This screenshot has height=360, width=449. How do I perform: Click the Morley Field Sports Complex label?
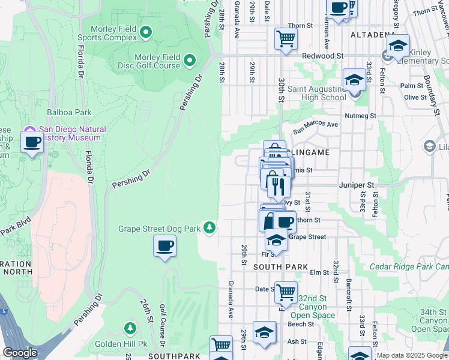point(113,33)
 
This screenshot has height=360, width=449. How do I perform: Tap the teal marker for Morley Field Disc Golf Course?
point(190,59)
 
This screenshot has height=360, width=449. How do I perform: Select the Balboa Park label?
point(69,112)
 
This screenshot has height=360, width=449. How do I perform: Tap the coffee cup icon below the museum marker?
point(32,142)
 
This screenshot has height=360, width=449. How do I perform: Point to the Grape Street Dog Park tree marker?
point(209,227)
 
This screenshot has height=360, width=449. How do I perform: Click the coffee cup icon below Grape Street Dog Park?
point(164,245)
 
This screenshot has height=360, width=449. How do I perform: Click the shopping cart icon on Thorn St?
point(286,38)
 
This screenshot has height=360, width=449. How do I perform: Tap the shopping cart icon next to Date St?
point(286,292)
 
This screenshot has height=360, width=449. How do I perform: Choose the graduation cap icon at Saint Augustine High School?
point(354,80)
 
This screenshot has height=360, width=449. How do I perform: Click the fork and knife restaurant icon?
point(276,186)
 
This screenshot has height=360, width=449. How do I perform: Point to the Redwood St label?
point(322,55)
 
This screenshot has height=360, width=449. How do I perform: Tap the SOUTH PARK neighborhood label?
point(280,266)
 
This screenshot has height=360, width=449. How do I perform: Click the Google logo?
point(20,353)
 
